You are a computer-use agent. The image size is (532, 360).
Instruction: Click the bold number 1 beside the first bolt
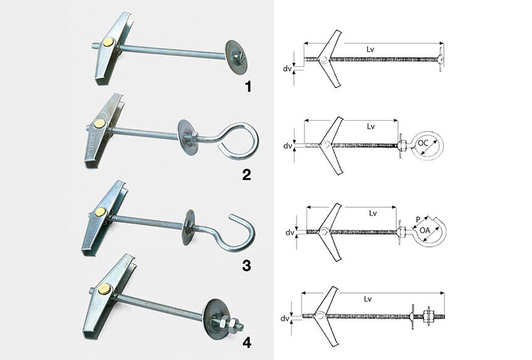click(x=248, y=86)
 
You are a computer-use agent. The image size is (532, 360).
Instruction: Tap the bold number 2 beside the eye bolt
click(x=247, y=174)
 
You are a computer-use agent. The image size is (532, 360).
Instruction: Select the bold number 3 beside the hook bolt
click(x=247, y=265)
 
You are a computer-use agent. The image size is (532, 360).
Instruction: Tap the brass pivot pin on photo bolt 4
click(x=105, y=290)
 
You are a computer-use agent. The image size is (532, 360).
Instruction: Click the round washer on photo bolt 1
click(x=236, y=55)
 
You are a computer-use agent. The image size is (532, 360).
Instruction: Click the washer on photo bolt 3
click(x=188, y=227)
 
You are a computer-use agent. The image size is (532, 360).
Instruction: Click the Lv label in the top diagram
click(x=370, y=49)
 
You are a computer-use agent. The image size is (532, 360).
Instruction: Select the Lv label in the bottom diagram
click(x=368, y=299)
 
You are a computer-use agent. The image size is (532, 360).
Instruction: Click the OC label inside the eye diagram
click(x=423, y=143)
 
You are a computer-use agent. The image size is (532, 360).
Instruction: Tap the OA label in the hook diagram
click(x=425, y=230)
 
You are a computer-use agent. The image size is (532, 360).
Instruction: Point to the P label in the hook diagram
click(x=418, y=220)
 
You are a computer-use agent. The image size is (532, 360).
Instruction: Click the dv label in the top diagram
click(x=287, y=69)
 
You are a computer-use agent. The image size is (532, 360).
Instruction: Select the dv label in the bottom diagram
click(x=285, y=319)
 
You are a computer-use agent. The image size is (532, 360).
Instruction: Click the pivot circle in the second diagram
click(x=325, y=146)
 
